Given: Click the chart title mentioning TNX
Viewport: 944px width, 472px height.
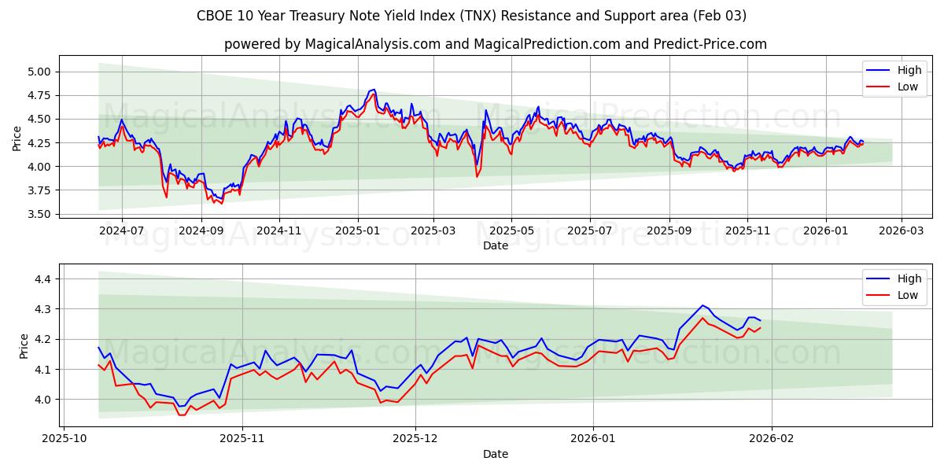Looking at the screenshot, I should click(x=472, y=16).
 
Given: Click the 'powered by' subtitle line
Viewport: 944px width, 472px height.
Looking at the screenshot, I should click(x=496, y=44).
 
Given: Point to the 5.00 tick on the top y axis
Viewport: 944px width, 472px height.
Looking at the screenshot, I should click(x=39, y=72).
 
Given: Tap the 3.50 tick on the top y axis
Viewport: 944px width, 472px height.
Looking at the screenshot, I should click(x=39, y=214).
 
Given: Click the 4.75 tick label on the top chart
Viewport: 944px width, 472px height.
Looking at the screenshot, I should click(x=39, y=95).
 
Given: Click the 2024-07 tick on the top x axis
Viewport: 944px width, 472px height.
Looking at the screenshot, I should click(x=122, y=231).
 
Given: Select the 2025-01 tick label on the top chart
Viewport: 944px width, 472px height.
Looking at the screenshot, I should click(x=358, y=231).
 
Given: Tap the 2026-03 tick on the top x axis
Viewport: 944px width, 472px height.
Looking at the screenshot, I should click(x=901, y=231).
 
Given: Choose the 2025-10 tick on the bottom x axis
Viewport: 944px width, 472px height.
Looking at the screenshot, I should click(x=64, y=439).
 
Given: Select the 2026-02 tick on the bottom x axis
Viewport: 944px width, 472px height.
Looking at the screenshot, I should click(x=772, y=439).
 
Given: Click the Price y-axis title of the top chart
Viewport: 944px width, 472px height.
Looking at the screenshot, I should click(x=17, y=138).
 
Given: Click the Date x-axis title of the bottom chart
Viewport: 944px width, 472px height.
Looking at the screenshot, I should click(x=496, y=454).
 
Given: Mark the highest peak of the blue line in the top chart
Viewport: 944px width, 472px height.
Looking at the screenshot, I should click(x=374, y=90).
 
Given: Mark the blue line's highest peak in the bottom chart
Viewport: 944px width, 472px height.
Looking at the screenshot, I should click(x=702, y=305).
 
